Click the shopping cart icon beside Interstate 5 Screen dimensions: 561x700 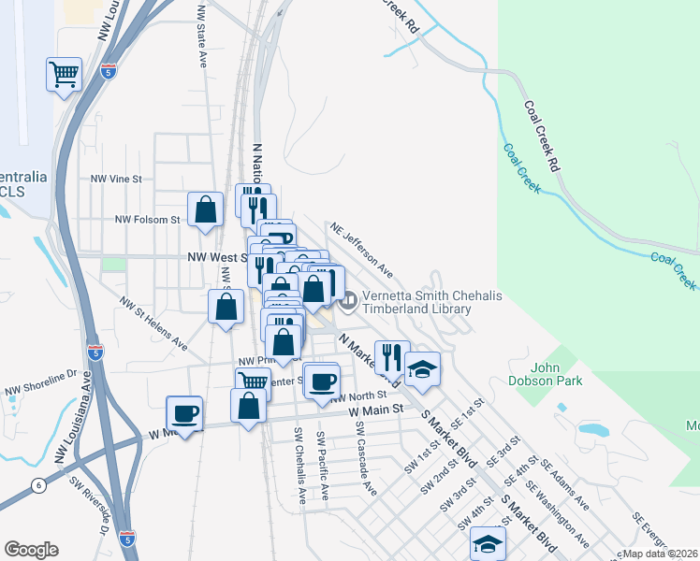(x=64, y=74)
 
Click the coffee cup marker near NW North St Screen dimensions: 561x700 (x=323, y=381)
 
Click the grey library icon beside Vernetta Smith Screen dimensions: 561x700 (x=349, y=301)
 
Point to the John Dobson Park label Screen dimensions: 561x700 (x=557, y=374)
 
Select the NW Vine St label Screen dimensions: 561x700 (x=116, y=178)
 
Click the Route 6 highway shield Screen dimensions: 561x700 (x=37, y=484)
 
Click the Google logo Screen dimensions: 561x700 (x=31, y=550)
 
